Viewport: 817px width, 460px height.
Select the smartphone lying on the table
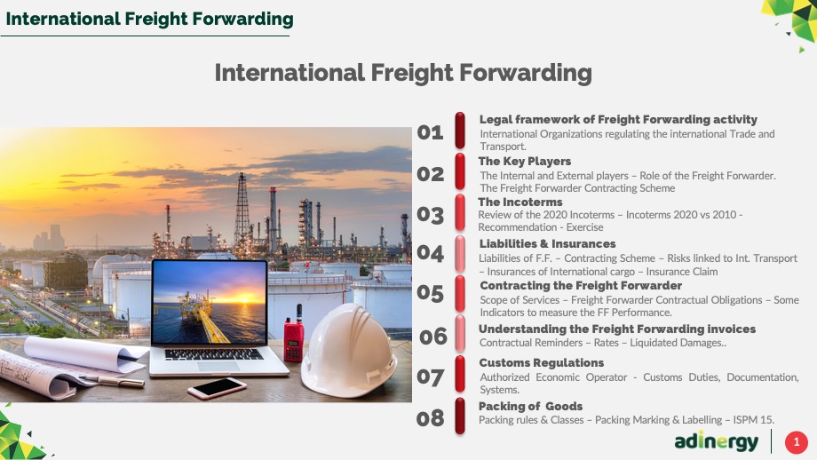point(218,387)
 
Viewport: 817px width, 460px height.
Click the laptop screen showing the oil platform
point(210,302)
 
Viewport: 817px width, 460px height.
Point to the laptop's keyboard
point(214,354)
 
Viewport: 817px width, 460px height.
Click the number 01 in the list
point(431,132)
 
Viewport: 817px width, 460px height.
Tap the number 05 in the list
point(431,293)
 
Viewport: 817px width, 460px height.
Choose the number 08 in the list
point(431,418)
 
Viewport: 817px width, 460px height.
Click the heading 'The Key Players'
point(525,162)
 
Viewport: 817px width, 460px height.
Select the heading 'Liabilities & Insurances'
point(548,244)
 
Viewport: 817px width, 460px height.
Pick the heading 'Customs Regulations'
point(542,362)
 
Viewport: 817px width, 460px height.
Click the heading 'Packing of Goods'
point(530,406)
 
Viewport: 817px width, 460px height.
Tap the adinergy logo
point(717,441)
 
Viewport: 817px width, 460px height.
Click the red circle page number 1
point(797,442)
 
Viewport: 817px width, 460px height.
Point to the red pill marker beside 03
point(460,212)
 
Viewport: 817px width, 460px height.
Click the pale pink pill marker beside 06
point(460,333)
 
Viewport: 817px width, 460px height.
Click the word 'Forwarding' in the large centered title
point(525,73)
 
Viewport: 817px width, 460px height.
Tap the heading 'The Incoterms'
point(520,202)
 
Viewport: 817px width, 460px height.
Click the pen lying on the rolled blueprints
point(112,381)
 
